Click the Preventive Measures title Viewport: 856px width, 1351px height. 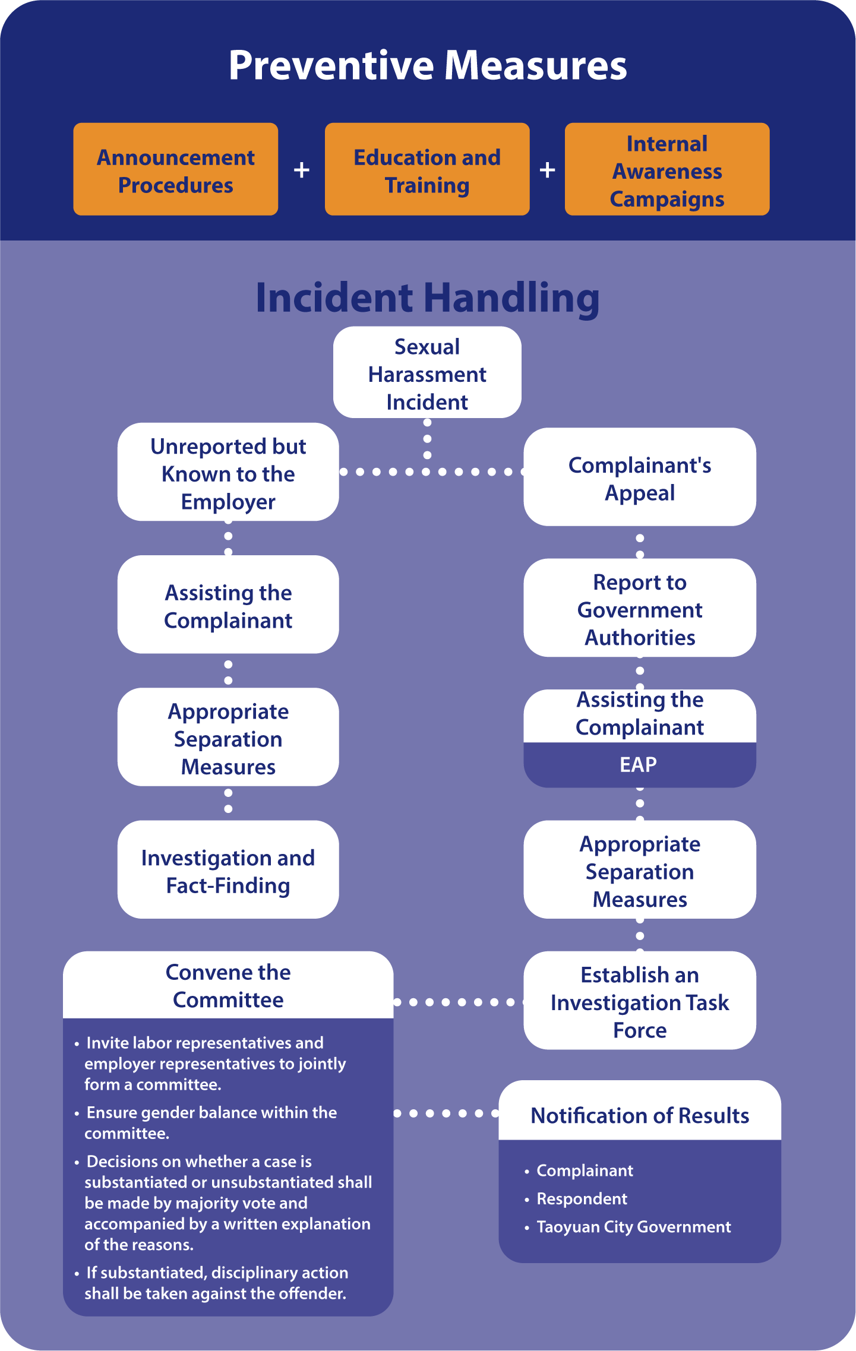click(428, 65)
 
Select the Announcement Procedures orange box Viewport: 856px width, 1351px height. click(176, 170)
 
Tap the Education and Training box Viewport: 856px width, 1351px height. click(427, 170)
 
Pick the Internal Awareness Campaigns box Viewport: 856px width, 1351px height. click(667, 170)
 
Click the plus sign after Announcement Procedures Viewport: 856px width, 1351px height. click(302, 170)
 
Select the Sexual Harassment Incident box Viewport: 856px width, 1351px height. click(427, 374)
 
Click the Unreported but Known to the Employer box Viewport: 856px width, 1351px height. click(228, 473)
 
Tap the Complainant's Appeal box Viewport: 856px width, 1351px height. click(640, 478)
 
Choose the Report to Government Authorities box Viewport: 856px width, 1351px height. click(640, 609)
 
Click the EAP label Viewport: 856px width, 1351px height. click(639, 765)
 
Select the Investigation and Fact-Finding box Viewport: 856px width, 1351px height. click(228, 871)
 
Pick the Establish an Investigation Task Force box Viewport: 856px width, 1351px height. click(640, 1002)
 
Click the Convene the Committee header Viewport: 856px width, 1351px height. click(228, 986)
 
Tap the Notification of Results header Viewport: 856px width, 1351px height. click(640, 1115)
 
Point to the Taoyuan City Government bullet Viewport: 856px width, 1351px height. click(633, 1227)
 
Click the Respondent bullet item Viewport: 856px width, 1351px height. click(582, 1198)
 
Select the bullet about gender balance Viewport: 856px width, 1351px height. click(211, 1122)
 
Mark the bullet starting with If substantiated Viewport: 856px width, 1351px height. click(216, 1283)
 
